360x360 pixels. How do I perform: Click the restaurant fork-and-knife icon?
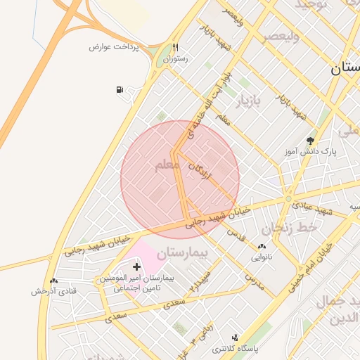click(x=176, y=48)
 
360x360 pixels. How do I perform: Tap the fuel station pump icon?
click(x=120, y=90)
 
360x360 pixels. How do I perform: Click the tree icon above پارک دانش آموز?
click(x=310, y=141)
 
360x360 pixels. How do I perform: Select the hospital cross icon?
click(x=136, y=266)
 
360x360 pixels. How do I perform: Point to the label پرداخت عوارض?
click(x=114, y=46)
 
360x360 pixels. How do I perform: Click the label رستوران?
click(x=176, y=60)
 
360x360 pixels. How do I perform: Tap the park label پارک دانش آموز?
click(x=311, y=151)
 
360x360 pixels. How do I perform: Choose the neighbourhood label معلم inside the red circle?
click(x=166, y=165)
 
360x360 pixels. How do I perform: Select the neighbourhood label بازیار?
click(x=245, y=102)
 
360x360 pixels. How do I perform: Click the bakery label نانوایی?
click(x=262, y=257)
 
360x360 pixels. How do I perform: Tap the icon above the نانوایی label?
click(x=262, y=247)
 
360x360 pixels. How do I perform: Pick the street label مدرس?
click(x=253, y=279)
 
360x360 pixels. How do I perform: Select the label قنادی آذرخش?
click(x=53, y=291)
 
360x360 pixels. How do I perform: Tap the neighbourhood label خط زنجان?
click(x=285, y=229)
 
